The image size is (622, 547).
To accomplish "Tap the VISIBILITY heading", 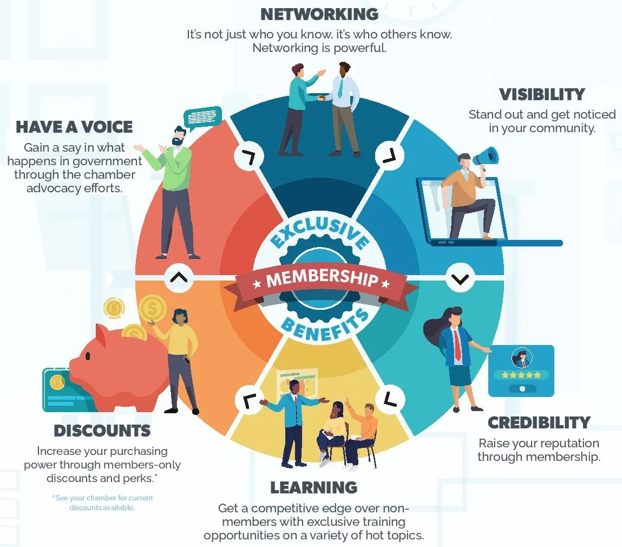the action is (542, 94).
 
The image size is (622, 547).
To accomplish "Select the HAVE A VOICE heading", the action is (74, 127).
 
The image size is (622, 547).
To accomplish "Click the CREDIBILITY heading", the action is (539, 422).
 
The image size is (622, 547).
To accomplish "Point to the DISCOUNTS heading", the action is (102, 431).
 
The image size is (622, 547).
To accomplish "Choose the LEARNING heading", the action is (313, 487).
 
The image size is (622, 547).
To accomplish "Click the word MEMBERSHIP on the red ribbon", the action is (322, 278).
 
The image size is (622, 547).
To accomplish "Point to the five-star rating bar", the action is (521, 375).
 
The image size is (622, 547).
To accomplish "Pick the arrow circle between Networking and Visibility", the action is (389, 155).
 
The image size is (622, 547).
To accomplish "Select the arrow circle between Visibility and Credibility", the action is (460, 279).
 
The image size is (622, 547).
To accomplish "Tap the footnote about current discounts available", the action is (102, 503).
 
